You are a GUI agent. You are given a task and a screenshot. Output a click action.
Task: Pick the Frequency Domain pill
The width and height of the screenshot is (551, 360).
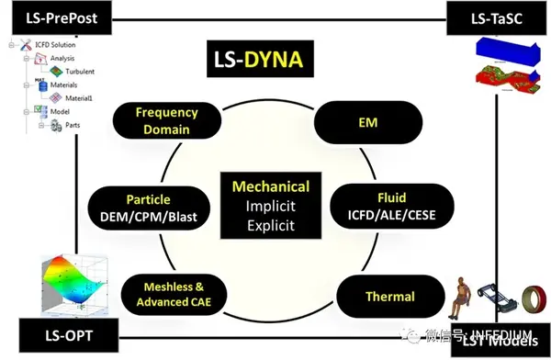tap(166, 120)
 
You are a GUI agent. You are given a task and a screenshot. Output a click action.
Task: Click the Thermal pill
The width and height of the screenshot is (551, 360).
tap(388, 296)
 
